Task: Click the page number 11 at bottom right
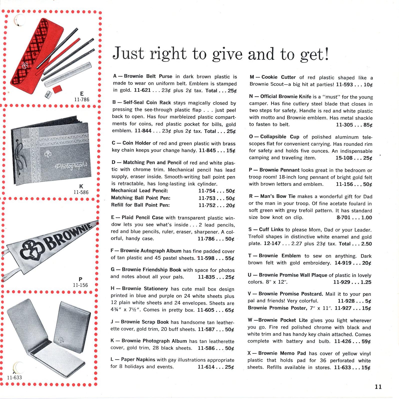378,387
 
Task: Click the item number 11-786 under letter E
82,99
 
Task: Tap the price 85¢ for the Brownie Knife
368,125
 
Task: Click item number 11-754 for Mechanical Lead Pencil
207,191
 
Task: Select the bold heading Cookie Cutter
278,77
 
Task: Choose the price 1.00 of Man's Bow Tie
366,218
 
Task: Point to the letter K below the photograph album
81,186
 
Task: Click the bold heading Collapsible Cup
279,137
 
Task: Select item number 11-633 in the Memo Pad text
342,368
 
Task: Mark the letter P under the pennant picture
81,279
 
